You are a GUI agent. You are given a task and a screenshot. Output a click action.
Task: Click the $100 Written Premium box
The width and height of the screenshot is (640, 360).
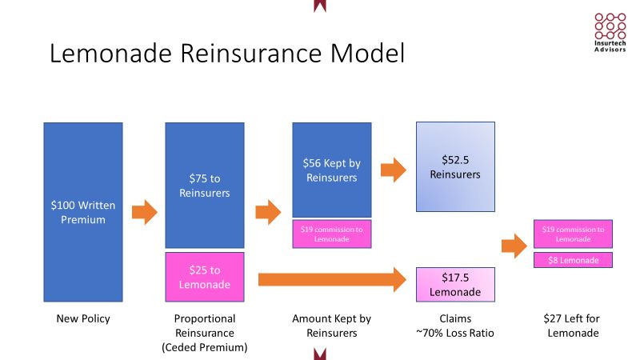point(83,212)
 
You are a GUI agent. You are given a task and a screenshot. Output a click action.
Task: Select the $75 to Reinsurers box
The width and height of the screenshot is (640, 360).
point(204,185)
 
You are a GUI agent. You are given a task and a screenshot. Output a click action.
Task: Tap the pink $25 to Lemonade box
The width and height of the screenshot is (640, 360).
point(204,277)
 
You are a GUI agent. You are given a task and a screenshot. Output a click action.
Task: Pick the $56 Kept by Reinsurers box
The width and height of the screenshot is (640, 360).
point(331,169)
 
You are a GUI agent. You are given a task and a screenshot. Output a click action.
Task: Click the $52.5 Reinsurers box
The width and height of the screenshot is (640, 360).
point(455,166)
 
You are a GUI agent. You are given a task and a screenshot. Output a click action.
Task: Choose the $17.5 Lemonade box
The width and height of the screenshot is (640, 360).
point(455,284)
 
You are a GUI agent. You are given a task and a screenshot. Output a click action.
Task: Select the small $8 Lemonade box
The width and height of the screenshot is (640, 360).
point(573,260)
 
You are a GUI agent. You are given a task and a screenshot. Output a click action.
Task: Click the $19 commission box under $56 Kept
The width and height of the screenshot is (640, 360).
point(331,234)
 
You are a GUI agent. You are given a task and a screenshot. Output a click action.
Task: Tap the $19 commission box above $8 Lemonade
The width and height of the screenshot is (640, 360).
point(573,234)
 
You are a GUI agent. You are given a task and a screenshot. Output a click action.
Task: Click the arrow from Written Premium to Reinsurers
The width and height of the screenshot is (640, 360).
point(144,212)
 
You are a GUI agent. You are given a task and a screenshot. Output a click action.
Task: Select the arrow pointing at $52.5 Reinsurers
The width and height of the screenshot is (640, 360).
point(394,170)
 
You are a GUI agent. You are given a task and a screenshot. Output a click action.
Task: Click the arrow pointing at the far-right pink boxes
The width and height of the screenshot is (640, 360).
point(514,245)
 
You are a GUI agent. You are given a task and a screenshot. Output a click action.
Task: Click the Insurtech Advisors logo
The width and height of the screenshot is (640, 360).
point(610,32)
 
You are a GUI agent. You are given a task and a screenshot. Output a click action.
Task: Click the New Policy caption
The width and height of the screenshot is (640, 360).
point(83,319)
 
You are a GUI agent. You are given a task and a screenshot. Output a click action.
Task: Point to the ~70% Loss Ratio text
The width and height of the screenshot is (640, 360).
point(455,333)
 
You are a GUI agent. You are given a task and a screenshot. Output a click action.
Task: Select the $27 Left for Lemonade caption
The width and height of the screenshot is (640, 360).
point(573,326)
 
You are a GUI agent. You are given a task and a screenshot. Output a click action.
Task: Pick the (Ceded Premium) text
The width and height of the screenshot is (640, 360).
point(204,346)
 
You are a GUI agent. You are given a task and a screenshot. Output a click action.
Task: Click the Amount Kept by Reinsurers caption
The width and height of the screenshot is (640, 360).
point(331,326)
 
